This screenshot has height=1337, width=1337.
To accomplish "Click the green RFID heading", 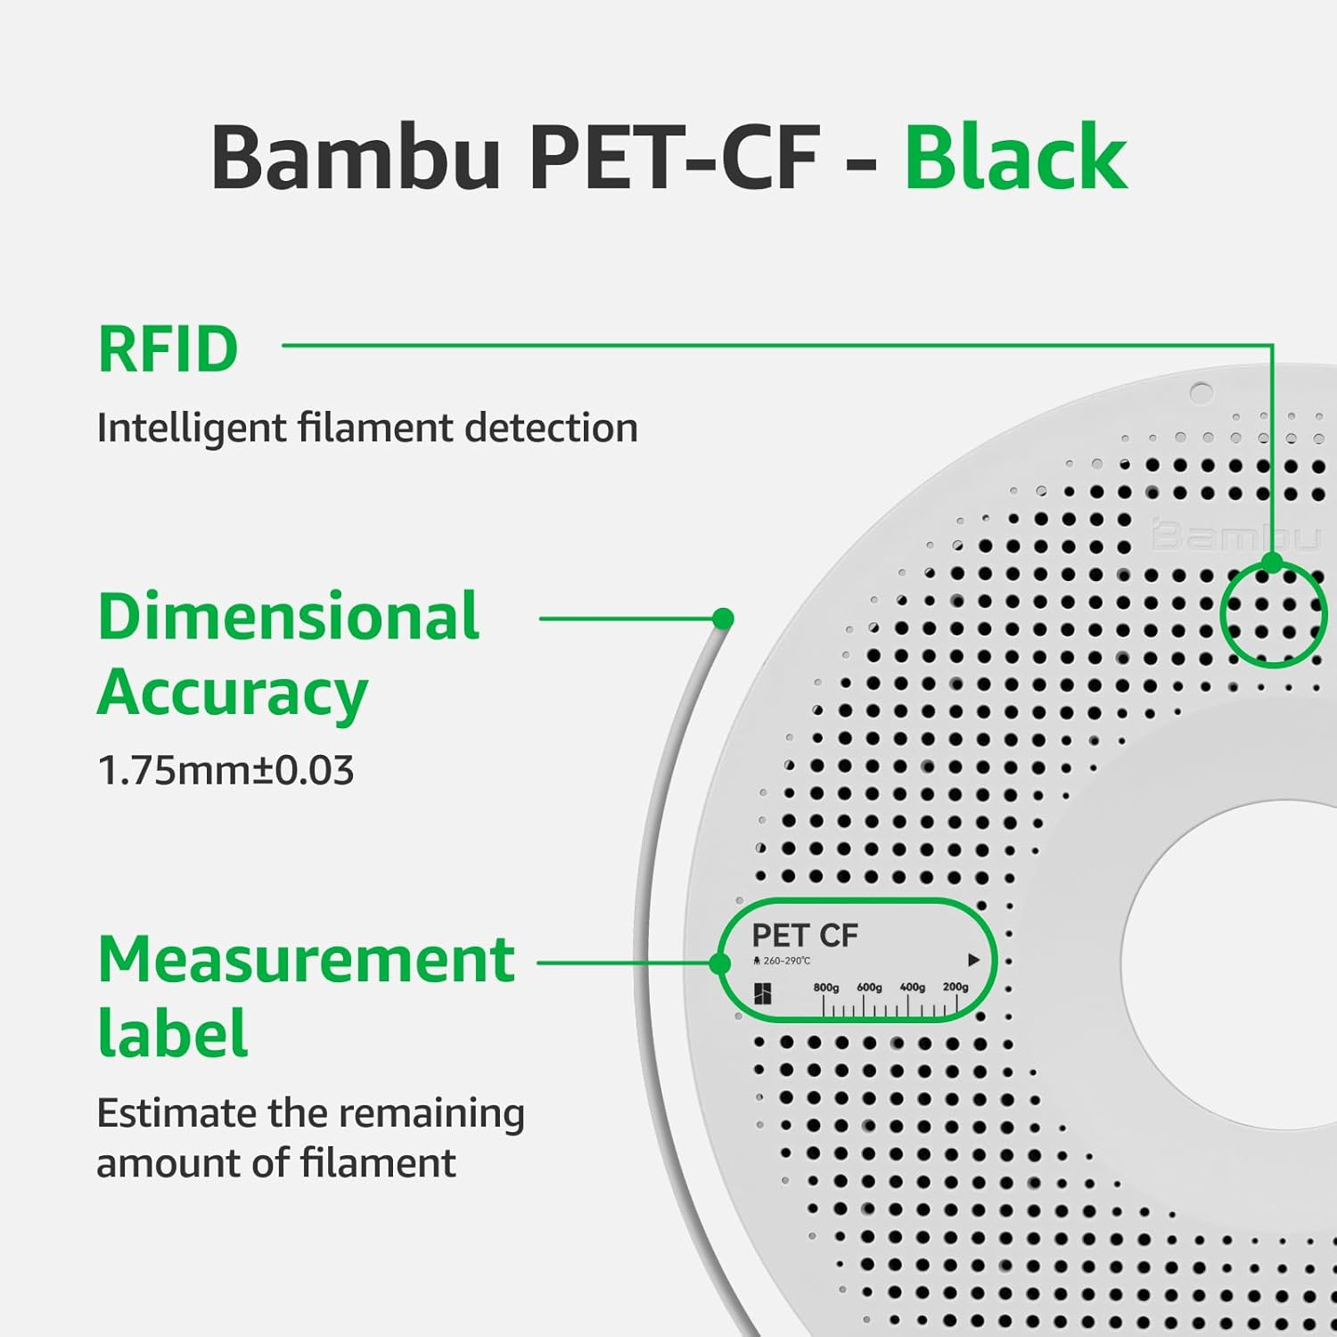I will pyautogui.click(x=168, y=349).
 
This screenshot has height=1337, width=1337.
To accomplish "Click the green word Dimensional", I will pyautogui.click(x=289, y=616).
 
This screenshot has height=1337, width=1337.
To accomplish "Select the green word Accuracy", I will pyautogui.click(x=233, y=693).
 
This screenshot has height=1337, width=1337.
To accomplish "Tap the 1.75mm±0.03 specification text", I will pyautogui.click(x=226, y=770).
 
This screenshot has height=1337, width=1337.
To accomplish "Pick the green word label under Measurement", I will pyautogui.click(x=172, y=1034).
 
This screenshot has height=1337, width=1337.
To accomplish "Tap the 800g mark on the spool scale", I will pyautogui.click(x=825, y=988).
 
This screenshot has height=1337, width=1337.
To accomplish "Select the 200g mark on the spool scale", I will pyautogui.click(x=956, y=988).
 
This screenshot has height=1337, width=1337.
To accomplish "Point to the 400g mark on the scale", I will pyautogui.click(x=912, y=988).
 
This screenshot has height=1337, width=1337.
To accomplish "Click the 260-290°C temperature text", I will pyautogui.click(x=786, y=961).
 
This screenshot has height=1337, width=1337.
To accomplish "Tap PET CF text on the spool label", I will pyautogui.click(x=804, y=935).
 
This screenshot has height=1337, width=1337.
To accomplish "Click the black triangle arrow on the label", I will pyautogui.click(x=973, y=960).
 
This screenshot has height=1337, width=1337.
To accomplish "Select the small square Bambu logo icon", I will pyautogui.click(x=763, y=994).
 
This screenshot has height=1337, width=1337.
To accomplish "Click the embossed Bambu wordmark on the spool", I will pyautogui.click(x=1234, y=537).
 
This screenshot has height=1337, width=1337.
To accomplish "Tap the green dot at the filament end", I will pyautogui.click(x=724, y=618).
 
